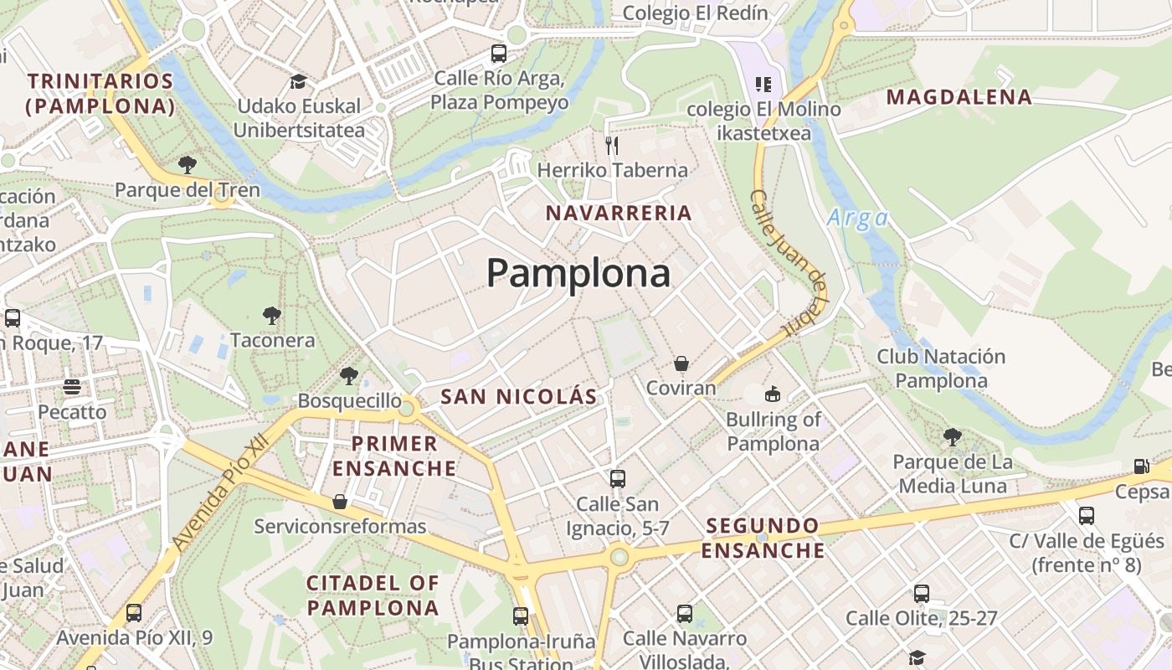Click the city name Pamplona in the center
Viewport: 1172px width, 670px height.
[x=578, y=273]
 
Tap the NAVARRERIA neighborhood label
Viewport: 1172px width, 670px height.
[x=619, y=213]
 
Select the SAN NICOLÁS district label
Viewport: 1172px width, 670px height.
[x=518, y=396]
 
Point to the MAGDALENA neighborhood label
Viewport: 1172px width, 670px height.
[x=959, y=97]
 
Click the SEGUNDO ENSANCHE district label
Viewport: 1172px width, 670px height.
[x=763, y=538]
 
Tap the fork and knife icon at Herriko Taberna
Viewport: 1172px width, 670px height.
[x=612, y=146]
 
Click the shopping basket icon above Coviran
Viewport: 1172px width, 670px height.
[x=681, y=363]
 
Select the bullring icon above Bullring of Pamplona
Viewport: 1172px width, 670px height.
[x=773, y=394]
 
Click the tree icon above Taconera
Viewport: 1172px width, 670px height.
[x=271, y=316]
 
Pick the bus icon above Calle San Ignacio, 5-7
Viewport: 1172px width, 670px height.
[x=618, y=479]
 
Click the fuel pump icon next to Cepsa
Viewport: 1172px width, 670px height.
[x=1141, y=466]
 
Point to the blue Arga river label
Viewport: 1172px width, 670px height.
[x=857, y=219]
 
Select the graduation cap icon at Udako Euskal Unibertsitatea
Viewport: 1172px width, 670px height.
[x=298, y=81]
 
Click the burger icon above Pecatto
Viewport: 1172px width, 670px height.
[x=72, y=387]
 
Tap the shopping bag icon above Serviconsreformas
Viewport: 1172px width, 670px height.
[x=340, y=502]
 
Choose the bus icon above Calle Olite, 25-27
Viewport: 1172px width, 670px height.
[x=922, y=594]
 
